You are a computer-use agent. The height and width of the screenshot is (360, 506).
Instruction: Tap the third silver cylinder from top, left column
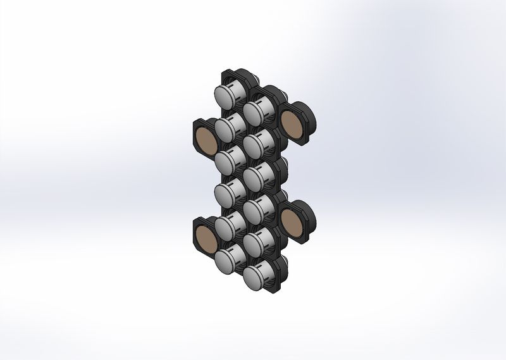pos(226,161)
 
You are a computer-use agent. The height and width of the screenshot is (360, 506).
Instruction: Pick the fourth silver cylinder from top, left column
pos(226,193)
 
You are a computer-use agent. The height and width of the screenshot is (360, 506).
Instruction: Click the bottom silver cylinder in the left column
pos(226,259)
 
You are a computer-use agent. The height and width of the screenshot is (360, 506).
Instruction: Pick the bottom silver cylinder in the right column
pos(255,276)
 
